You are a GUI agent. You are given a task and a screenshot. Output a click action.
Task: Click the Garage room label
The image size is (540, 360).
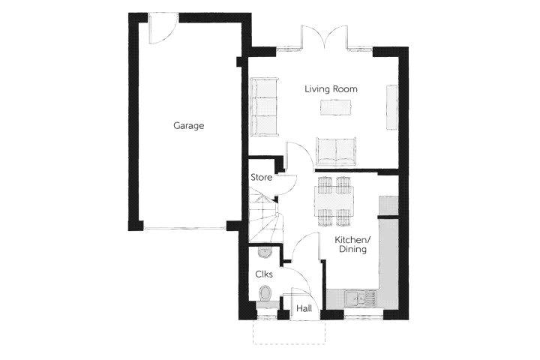[x=188, y=125]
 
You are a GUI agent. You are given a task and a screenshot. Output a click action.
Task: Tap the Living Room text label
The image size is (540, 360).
[x=331, y=89]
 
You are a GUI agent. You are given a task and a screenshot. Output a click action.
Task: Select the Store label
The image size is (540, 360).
[x=262, y=178]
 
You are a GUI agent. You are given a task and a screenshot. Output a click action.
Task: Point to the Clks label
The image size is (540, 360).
[x=264, y=274]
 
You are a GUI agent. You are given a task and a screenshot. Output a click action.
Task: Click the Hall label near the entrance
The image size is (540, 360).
[x=304, y=308]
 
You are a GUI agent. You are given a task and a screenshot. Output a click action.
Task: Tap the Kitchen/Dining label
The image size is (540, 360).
[x=352, y=244]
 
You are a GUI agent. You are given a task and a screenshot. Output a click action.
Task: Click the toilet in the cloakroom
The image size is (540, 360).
[x=265, y=294]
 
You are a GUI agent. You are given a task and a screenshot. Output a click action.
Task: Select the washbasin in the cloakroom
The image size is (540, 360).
[x=265, y=252]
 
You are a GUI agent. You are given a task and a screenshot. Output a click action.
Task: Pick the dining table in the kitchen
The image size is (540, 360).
[x=334, y=201]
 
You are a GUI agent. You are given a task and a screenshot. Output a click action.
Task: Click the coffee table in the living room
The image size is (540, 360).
[x=336, y=107]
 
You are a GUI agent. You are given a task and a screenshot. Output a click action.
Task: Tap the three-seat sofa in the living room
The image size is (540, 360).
[x=264, y=106]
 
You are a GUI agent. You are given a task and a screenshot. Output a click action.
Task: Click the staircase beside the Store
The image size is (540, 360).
[x=265, y=216]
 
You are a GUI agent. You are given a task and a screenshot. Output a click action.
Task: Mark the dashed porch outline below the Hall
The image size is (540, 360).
[x=289, y=332]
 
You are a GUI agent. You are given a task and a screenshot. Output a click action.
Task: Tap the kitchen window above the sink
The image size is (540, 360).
[x=364, y=315]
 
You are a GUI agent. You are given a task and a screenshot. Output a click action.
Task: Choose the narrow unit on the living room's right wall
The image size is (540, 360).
[x=391, y=107]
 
